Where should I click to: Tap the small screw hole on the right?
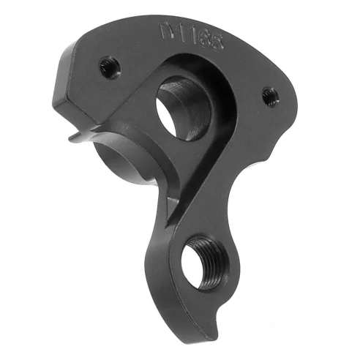(269, 94)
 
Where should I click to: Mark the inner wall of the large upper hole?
(187, 102)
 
